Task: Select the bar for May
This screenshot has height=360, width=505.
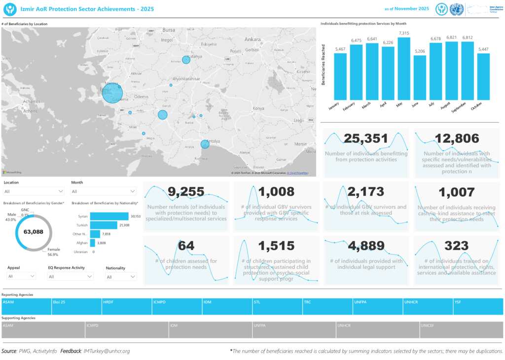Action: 404,69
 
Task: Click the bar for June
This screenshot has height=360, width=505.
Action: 420,78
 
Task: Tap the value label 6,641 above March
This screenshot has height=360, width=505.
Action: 372,39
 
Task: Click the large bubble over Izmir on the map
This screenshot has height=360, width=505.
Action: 112,93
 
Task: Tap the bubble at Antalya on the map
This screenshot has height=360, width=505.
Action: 205,144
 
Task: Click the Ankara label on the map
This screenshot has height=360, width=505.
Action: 252,39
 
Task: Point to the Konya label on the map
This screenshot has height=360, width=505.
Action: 258,108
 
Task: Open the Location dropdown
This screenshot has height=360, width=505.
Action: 34,191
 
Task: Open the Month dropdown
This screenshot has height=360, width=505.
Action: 104,191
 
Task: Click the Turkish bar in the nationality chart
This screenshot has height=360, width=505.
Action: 104,225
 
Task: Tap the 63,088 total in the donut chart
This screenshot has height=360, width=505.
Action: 34,231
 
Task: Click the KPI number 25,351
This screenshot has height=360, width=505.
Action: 366,139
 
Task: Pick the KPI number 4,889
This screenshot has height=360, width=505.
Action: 366,246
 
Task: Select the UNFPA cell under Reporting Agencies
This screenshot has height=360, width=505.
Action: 377,306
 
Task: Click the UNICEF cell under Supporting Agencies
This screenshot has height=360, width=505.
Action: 461,330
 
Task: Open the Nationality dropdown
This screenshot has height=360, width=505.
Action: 120,277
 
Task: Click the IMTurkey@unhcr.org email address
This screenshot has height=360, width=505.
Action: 107,351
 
